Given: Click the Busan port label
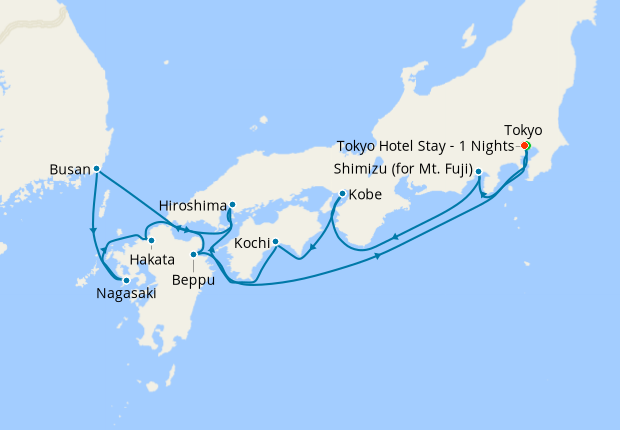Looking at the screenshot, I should coord(68,169).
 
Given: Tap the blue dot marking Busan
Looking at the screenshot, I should coord(96,169).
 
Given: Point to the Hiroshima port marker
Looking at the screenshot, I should coord(232,206).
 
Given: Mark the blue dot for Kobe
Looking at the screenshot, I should coord(342,193).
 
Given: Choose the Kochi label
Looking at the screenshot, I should coord(250,243).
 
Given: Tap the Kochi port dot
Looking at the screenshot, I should coord(275,242).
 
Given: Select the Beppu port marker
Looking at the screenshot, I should coord(193,255).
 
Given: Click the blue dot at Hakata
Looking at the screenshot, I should coord(150,241).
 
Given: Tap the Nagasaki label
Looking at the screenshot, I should coord(127,293).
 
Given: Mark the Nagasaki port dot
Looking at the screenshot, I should coord(126,280).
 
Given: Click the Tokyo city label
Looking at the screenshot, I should coord(523,130).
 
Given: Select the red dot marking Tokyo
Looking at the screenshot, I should coord(525,146).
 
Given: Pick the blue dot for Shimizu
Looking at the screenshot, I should coord(479,172).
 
